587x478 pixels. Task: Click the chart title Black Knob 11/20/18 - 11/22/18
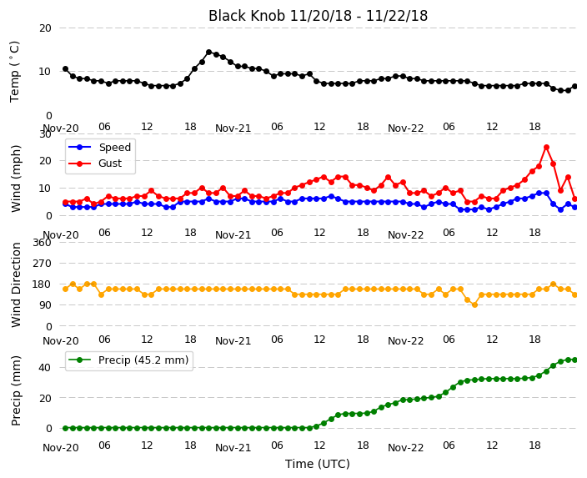318,16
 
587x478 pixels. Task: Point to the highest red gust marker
547,148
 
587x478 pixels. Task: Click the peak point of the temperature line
209,52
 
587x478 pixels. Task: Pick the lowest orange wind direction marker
474,305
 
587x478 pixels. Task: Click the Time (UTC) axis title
318,464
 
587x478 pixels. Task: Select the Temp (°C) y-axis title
14,72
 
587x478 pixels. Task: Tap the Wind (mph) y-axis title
16,179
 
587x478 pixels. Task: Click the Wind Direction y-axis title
16,285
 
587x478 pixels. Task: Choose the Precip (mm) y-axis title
16,390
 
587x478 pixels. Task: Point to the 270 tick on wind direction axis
42,264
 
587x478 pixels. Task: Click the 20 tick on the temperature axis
45,28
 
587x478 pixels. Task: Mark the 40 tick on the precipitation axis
45,368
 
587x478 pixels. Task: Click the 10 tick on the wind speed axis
45,188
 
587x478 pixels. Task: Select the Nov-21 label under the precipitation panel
233,448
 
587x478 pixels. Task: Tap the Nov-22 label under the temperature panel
405,128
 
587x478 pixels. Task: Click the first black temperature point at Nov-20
66,69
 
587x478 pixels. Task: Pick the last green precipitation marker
575,360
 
